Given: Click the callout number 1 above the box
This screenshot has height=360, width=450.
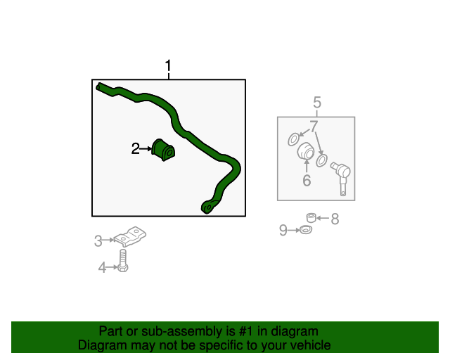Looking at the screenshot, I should tap(168, 67).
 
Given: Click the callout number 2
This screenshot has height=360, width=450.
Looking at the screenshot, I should tap(135, 148).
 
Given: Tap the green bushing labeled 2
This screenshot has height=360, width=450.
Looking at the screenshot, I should tap(164, 149).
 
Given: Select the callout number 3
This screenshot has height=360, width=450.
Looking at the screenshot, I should tap(98, 241).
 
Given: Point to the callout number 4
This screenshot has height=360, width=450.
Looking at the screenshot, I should tap(102, 267).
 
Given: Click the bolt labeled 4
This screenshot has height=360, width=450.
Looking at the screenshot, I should tap(123, 263).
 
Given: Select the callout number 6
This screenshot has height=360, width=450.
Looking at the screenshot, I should tap(307, 181).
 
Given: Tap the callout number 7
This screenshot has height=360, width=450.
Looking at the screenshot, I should tap(314, 126).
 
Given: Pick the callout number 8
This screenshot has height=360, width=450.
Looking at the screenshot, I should tap(335, 219).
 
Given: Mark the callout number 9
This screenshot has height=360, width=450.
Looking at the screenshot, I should tap(283, 230).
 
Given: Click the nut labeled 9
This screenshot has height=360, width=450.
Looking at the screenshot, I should tap(305, 230).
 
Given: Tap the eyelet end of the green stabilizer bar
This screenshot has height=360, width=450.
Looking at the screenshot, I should tap(207, 207).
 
